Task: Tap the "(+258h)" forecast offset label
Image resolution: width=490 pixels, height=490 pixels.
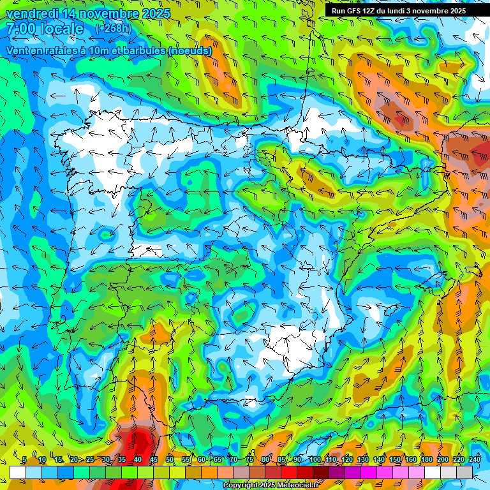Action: click(x=113, y=29)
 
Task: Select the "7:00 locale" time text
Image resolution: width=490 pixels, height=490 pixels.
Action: click(x=45, y=29)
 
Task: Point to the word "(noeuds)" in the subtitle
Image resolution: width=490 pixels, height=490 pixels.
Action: click(x=189, y=50)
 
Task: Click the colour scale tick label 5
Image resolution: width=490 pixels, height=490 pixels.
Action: click(x=24, y=460)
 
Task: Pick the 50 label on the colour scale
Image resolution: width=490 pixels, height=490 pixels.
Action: click(x=169, y=460)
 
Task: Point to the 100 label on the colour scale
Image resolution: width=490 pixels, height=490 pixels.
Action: click(x=315, y=460)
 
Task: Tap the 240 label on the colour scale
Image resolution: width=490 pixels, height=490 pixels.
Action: click(x=474, y=460)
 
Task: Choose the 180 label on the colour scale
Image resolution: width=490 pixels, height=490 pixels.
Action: click(x=426, y=460)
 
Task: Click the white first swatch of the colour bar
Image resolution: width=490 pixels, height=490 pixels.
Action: click(x=17, y=472)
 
